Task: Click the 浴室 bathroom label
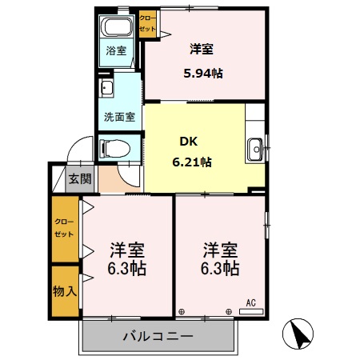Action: pos(116,51)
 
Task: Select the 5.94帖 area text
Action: pos(203,73)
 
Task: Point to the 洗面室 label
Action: pos(118,116)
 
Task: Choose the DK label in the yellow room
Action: pos(188,142)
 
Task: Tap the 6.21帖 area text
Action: pos(192,162)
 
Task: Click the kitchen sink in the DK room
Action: pos(255,147)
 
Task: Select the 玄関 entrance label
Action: pos(79,178)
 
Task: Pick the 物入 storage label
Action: pos(65,290)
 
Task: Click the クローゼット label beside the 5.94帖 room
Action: pos(149,22)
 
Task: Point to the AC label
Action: pos(250,302)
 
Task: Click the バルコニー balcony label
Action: pos(158,336)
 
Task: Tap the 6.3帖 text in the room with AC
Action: pos(219,268)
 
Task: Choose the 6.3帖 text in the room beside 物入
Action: pos(126,268)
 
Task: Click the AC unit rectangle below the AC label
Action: pos(250,311)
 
